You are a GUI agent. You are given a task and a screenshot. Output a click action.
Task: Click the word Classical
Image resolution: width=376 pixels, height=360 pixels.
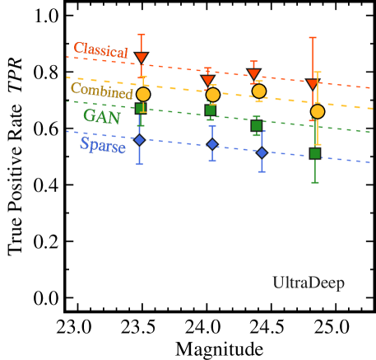pos(100,50)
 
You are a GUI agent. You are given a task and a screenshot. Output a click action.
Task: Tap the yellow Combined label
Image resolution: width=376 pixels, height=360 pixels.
pos(101,91)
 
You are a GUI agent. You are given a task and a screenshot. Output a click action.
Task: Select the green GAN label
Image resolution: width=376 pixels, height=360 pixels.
pos(101,116)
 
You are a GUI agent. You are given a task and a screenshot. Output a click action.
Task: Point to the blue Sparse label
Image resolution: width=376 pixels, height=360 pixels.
pos(103,146)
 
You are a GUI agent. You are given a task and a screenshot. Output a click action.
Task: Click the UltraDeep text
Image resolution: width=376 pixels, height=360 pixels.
pos(309,283)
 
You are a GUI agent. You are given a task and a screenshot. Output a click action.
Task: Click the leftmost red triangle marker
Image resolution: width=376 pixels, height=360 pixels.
pos(142,58)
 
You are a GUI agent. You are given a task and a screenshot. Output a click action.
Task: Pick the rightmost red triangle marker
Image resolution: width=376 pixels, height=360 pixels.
pos(313,84)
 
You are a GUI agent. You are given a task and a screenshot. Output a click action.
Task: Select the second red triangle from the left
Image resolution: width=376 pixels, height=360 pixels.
pos(207,80)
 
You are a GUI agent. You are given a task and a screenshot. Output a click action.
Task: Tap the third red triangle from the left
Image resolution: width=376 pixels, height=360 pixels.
pos(253,74)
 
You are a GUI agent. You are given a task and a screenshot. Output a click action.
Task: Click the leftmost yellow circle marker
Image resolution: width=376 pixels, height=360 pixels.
pos(143,94)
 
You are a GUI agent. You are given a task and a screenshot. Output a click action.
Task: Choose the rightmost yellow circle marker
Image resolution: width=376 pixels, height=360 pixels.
pos(318,111)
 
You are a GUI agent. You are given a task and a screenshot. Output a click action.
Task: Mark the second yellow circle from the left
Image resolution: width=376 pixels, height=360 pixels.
pos(213,95)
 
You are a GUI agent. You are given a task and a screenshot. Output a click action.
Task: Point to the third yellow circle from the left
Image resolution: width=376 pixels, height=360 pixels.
pos(259,91)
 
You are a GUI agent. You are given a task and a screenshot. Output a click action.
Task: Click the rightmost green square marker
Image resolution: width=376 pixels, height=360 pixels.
pos(315,153)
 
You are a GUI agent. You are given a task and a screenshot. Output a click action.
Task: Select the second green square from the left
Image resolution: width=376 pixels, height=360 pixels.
pos(211,110)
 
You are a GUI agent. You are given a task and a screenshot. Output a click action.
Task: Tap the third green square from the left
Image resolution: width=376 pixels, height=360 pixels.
pos(257,126)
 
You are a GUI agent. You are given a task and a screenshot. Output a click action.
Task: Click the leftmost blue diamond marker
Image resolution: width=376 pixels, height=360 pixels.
pos(139,140)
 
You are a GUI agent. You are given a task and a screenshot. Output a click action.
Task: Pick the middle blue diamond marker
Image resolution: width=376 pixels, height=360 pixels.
pos(212,144)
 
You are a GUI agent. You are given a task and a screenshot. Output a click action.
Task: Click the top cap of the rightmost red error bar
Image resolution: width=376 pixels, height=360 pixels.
pos(313,37)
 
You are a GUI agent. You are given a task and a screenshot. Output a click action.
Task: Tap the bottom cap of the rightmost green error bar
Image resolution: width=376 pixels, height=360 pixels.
pos(315,182)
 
